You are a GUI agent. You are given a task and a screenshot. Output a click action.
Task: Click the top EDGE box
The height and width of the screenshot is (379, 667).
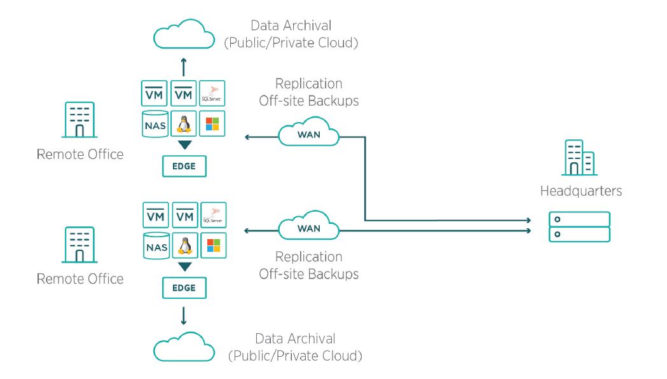184,167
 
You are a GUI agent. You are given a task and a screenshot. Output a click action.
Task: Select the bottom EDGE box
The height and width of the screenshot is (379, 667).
184,288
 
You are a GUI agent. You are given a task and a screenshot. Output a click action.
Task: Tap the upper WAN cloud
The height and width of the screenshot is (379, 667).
309,132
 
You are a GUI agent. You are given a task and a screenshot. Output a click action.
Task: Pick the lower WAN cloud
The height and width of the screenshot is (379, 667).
309,226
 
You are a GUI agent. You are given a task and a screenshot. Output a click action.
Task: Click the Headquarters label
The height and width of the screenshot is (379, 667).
581,191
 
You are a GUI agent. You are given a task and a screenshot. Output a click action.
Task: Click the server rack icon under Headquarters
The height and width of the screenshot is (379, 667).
579,227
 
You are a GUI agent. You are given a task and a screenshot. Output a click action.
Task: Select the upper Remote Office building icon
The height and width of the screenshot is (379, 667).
79,120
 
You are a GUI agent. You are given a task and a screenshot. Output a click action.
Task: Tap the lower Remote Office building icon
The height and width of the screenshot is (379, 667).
79,245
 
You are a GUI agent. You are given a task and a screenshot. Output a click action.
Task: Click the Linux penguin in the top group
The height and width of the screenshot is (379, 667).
184,124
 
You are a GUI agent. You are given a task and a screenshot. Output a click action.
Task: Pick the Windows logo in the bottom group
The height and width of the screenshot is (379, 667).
214,245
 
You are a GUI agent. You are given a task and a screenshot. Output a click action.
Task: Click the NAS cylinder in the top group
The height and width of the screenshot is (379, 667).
155,124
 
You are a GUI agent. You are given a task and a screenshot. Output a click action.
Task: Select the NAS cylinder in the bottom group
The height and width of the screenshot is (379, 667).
156,245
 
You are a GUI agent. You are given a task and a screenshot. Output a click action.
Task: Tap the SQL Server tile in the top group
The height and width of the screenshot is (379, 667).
212,93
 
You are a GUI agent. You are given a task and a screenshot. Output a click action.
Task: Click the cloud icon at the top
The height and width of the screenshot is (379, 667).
184,34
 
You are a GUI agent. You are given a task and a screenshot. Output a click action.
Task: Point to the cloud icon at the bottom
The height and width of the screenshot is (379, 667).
184,347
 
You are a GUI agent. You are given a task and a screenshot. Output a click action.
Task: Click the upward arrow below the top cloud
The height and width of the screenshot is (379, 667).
184,67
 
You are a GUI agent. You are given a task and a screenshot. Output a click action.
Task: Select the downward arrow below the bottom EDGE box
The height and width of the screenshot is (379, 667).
184,315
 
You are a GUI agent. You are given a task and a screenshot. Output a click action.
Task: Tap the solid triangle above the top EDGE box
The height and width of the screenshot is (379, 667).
184,144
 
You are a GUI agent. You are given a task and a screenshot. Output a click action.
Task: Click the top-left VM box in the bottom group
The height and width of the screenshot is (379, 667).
156,215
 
